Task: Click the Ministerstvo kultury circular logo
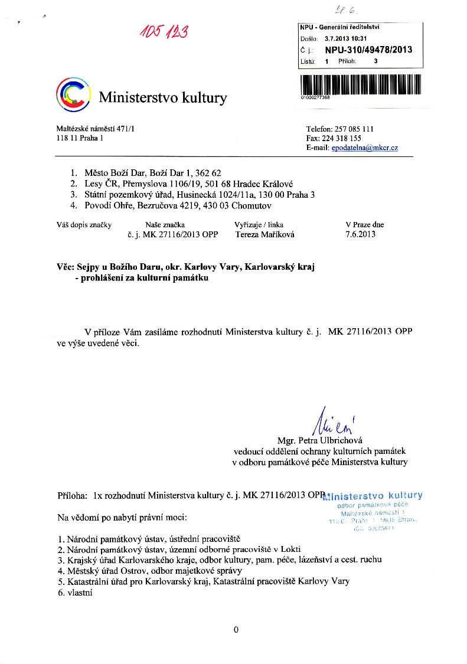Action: (x=73, y=94)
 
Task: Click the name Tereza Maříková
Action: (x=264, y=234)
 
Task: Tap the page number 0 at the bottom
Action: (x=236, y=630)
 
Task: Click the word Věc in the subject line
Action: (x=65, y=267)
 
